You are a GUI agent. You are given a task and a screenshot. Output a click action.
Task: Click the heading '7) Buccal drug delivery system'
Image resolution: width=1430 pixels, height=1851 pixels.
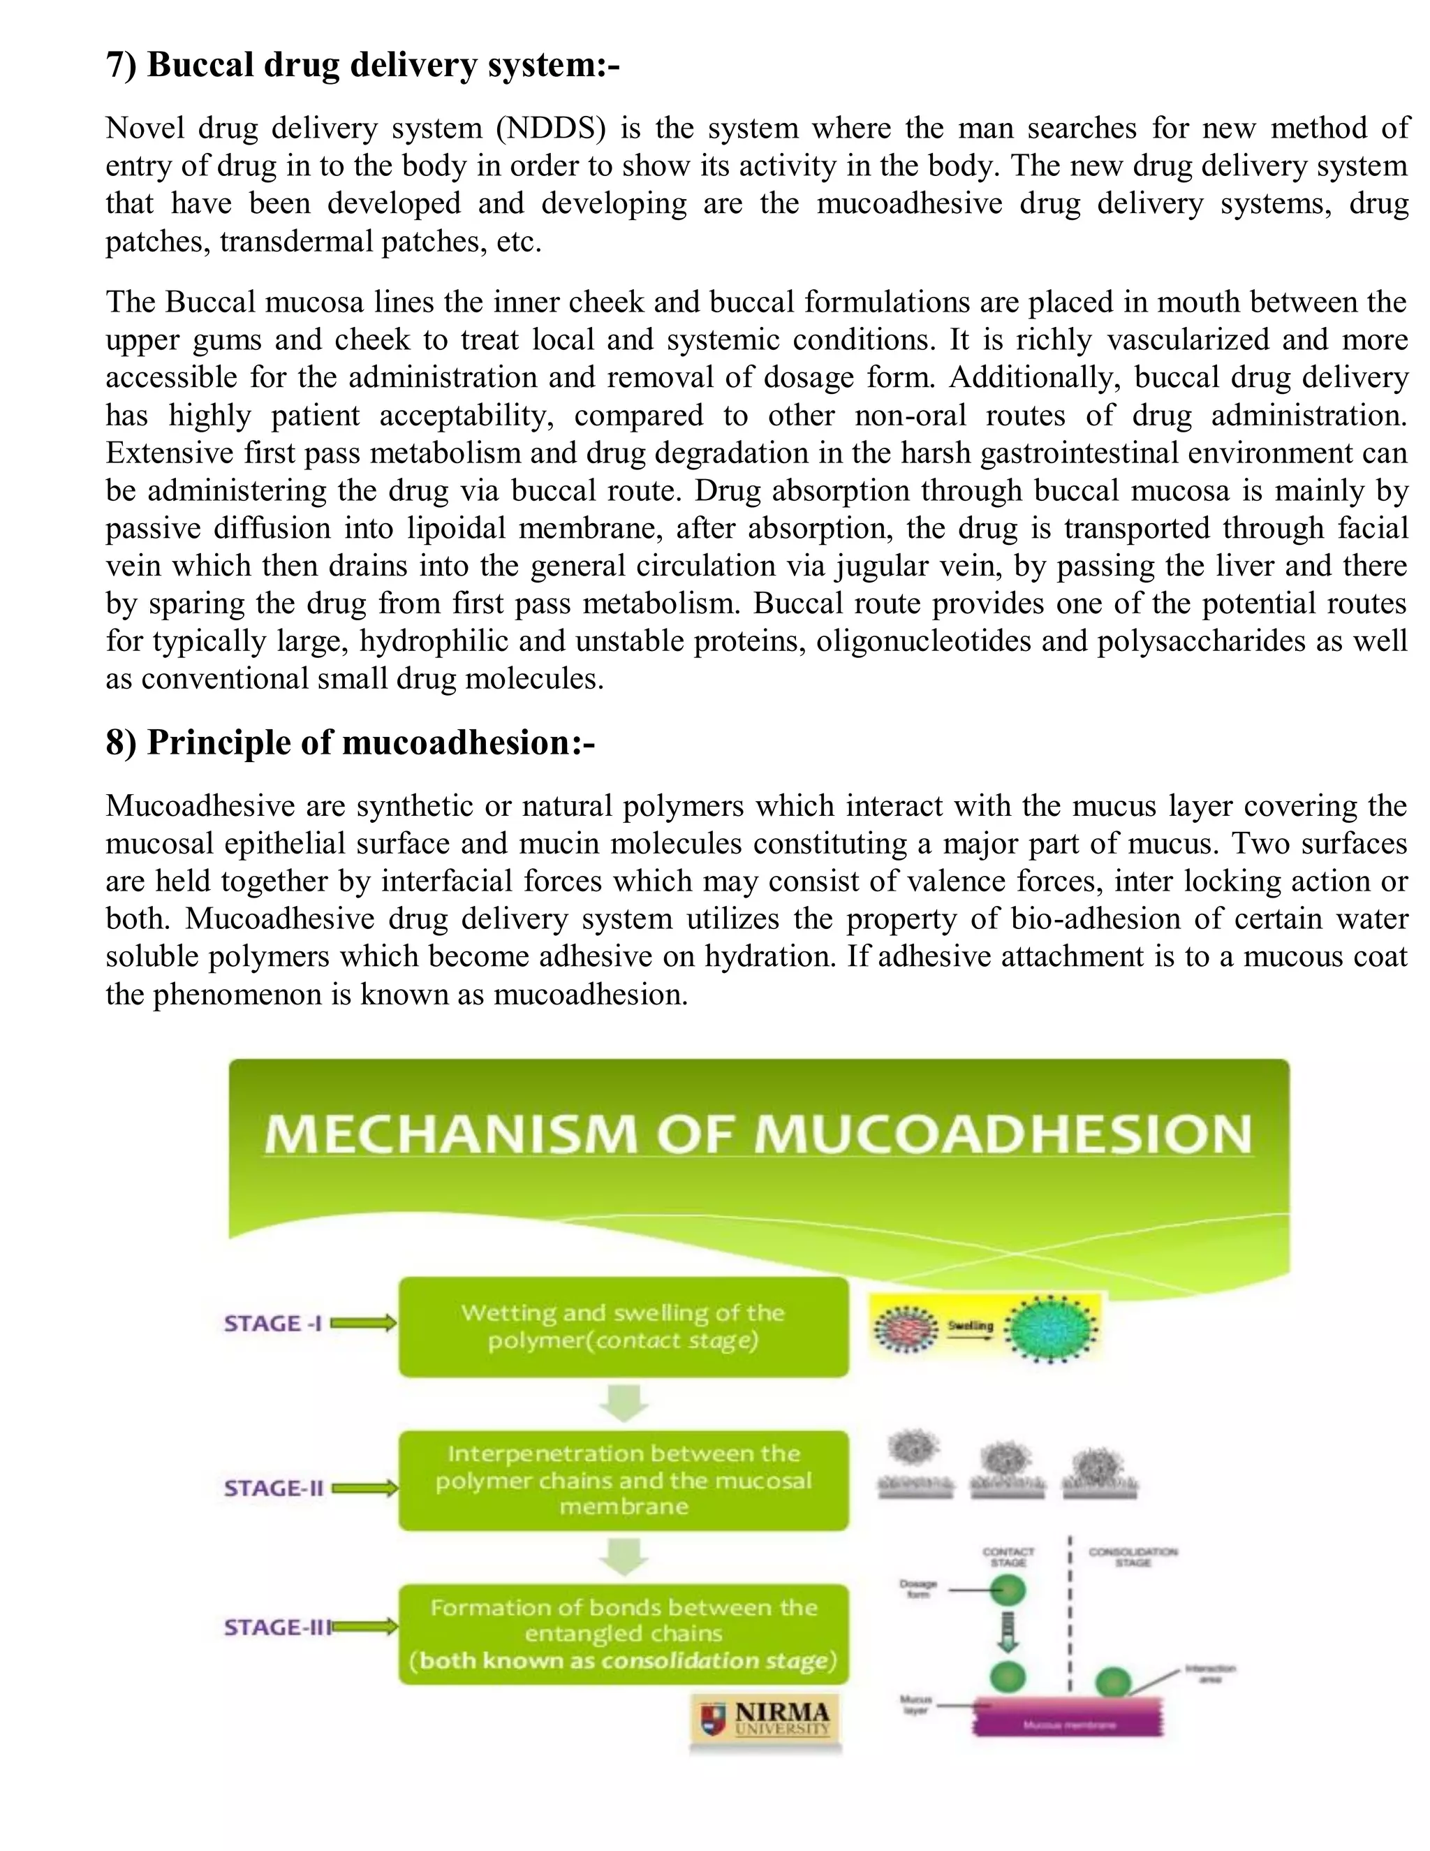(x=362, y=65)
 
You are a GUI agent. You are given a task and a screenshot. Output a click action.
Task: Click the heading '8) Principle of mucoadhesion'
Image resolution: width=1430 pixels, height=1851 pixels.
(x=350, y=742)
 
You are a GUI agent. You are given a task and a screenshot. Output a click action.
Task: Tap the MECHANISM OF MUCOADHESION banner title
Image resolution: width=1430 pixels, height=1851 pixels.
(x=758, y=1134)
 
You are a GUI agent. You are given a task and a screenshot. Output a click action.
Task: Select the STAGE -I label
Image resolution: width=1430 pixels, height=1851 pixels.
(x=273, y=1324)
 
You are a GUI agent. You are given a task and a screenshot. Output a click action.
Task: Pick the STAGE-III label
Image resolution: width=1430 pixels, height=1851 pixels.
(x=277, y=1627)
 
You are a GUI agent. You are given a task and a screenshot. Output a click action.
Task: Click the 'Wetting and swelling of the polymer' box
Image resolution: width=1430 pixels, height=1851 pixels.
(x=624, y=1327)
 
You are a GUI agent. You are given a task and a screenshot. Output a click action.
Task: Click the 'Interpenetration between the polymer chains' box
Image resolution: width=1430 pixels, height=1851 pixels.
(x=624, y=1481)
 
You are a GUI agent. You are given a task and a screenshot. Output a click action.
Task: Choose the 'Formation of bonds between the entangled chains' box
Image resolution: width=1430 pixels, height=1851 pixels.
(x=624, y=1634)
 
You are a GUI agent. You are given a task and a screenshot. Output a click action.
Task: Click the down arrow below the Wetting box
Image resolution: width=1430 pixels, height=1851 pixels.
(x=624, y=1403)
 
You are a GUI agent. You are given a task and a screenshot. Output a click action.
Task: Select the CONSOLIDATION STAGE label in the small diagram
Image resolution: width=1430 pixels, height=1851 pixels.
(x=1133, y=1557)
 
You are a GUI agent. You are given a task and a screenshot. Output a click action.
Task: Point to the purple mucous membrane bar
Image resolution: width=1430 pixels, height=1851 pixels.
(x=1069, y=1725)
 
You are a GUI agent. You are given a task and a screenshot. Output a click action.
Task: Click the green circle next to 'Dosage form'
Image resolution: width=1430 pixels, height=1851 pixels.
(x=1008, y=1590)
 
